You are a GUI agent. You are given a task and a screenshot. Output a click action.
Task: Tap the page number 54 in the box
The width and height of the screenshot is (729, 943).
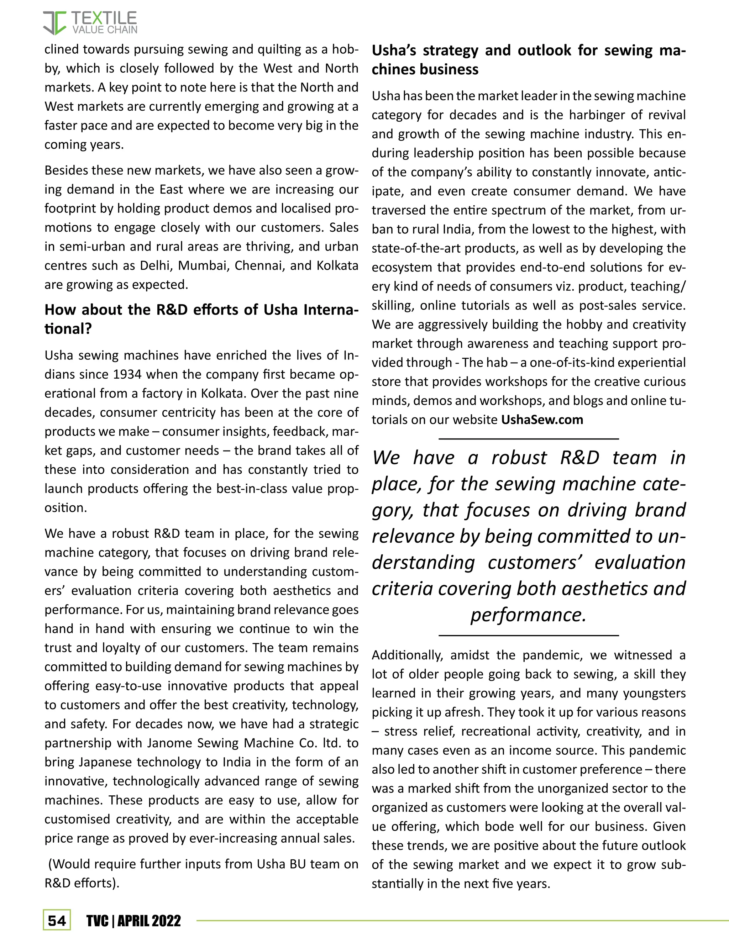tap(57, 921)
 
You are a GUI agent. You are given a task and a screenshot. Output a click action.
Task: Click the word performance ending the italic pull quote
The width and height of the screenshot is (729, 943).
tap(528, 615)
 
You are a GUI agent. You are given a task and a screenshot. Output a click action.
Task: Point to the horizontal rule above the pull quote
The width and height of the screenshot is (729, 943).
tap(528, 439)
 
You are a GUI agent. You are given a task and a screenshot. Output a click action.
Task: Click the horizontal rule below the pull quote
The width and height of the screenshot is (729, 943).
tap(528, 635)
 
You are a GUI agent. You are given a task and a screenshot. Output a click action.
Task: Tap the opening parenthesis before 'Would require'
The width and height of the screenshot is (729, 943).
tap(50, 864)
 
